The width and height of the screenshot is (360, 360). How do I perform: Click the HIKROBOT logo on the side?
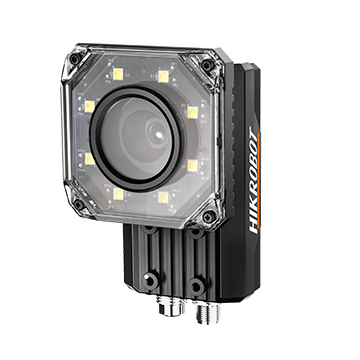(x=253, y=180)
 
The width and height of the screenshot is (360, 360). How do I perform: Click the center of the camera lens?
(x=157, y=134)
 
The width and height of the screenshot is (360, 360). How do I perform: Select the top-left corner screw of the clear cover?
(x=74, y=59)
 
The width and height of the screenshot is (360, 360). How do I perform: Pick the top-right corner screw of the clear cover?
(x=208, y=64)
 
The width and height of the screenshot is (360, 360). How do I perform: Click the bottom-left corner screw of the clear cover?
(x=78, y=204)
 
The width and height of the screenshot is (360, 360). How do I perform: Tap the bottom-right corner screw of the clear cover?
(x=209, y=217)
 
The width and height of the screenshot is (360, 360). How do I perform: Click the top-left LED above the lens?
(x=118, y=74)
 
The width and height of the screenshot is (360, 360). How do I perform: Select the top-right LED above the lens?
(x=163, y=76)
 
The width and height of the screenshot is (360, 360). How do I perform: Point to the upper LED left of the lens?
(x=90, y=106)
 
